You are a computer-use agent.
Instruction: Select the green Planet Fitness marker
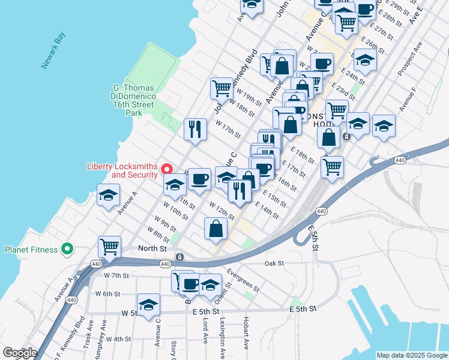pos(67,250)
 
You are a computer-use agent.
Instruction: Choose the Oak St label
pos(274,263)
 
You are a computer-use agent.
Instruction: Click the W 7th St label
pos(116,275)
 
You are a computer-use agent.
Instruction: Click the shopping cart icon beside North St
pos(110,246)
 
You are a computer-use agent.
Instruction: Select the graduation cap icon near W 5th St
pos(148,304)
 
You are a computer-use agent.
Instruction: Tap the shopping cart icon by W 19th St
pos(221,88)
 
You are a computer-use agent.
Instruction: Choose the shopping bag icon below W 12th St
pos(216,228)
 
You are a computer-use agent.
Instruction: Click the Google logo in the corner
pos(20,353)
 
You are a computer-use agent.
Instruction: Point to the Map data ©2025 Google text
pos(411,355)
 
